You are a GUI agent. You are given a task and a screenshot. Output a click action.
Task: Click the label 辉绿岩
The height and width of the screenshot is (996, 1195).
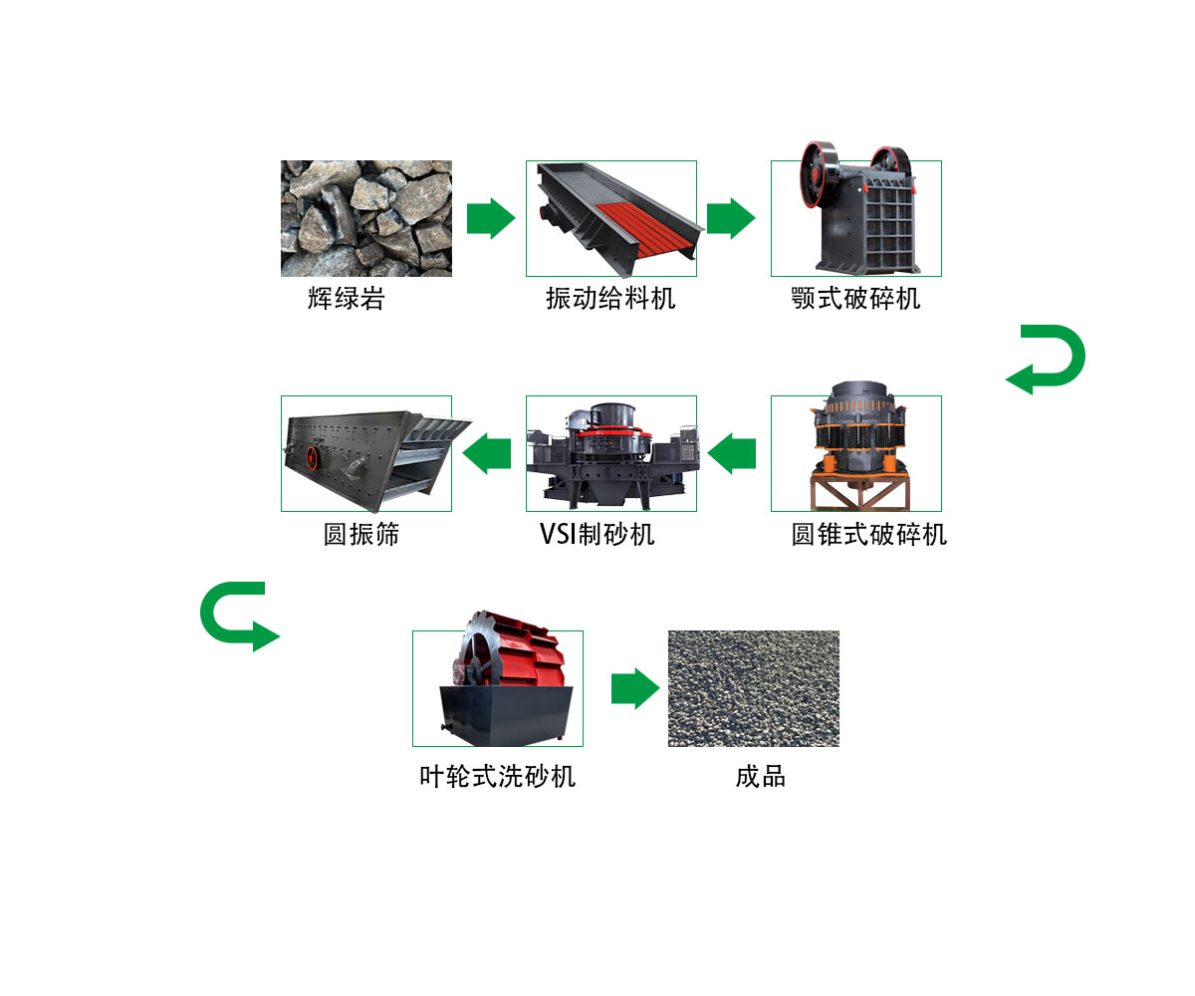(x=346, y=298)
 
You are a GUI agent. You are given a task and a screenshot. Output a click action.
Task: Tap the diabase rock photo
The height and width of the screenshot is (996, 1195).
(x=365, y=218)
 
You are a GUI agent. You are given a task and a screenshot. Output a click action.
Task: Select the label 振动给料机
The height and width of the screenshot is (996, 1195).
(x=609, y=298)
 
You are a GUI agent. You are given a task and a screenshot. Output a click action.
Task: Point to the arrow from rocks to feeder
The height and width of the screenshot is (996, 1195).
(x=490, y=218)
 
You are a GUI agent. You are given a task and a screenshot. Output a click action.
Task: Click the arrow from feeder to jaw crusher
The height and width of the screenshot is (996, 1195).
(x=731, y=218)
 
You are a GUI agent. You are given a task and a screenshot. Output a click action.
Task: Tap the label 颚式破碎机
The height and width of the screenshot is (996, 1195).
(x=855, y=298)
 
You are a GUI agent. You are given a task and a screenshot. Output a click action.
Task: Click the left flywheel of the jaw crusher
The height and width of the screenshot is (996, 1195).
(x=819, y=174)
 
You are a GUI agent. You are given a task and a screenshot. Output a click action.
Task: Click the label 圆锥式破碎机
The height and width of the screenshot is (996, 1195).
(x=868, y=534)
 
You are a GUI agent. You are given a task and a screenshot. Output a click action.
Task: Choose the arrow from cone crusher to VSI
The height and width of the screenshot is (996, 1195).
(x=732, y=453)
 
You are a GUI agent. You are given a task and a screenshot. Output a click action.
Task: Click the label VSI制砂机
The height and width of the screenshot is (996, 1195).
(x=597, y=534)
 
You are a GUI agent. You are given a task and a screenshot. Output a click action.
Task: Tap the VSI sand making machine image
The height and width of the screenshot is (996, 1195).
(x=610, y=453)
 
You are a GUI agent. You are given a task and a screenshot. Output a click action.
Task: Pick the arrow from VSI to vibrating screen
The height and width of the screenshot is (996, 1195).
(x=488, y=453)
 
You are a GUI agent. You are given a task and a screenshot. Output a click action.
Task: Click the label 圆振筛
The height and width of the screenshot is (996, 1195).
(x=360, y=534)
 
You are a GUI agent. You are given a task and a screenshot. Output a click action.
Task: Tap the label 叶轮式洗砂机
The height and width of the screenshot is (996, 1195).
(x=497, y=777)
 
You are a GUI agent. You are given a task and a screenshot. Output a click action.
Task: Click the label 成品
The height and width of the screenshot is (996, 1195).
(x=760, y=777)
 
